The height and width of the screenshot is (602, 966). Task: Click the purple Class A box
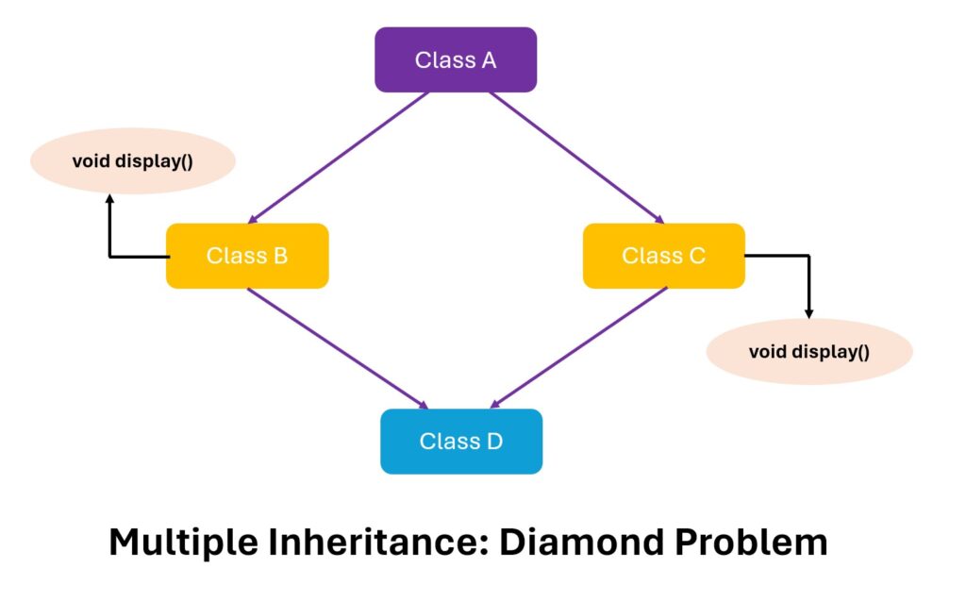click(456, 59)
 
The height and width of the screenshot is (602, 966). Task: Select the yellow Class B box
click(247, 256)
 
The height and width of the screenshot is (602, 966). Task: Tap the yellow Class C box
click(663, 256)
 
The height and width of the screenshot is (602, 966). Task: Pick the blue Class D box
click(461, 441)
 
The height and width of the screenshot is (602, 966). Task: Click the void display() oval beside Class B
click(132, 160)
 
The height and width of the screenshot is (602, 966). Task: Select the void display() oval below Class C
click(809, 352)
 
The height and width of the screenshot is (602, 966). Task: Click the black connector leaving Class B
click(123, 256)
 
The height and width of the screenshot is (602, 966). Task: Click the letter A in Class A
click(489, 60)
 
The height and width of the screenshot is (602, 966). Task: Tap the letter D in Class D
click(494, 441)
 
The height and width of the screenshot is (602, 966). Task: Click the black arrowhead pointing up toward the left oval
click(109, 200)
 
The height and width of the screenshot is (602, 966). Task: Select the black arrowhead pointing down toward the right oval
click(808, 312)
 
